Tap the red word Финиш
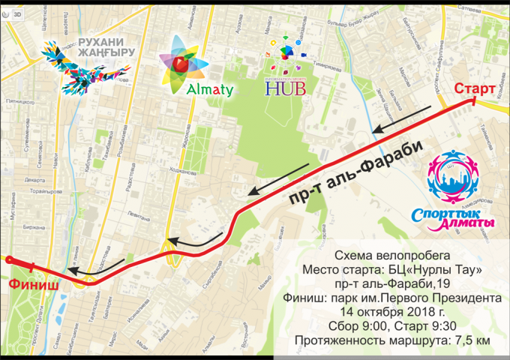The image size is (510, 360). [x=28, y=284]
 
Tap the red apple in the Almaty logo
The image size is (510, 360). [x=180, y=64]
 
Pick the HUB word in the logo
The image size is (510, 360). [x=284, y=89]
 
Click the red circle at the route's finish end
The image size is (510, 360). [x=9, y=259]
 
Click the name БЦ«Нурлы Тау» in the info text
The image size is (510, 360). [x=436, y=269]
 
